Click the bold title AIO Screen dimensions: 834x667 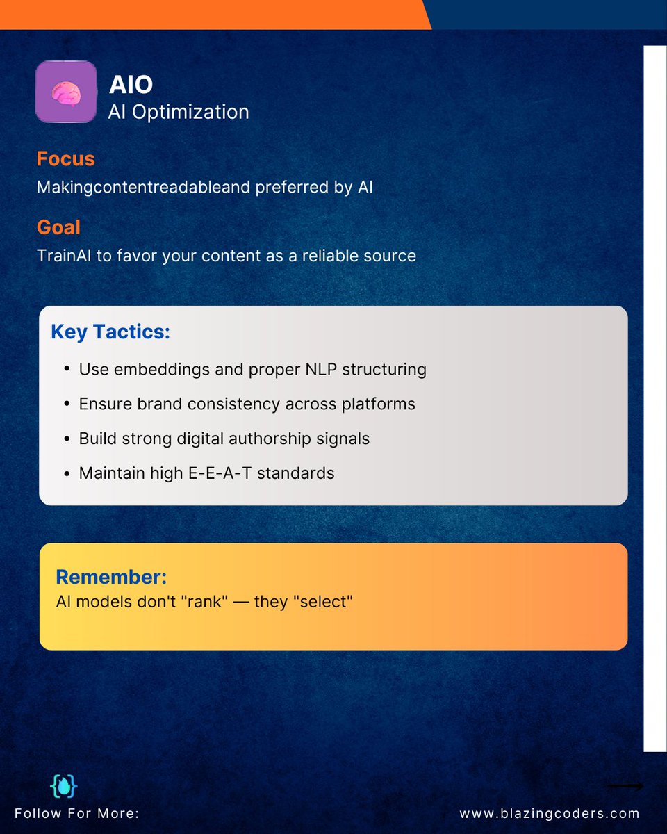pyautogui.click(x=131, y=85)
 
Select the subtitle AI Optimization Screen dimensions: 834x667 pyautogui.click(x=179, y=111)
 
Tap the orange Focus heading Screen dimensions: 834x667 pyautogui.click(x=65, y=159)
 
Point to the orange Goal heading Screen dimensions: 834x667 pyautogui.click(x=58, y=227)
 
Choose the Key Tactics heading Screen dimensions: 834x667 pyautogui.click(x=110, y=332)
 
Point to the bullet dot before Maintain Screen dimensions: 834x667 pyautogui.click(x=66, y=474)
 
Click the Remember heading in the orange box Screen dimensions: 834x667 pyautogui.click(x=111, y=577)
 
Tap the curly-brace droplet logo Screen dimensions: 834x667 pyautogui.click(x=64, y=786)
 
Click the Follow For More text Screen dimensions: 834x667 pyautogui.click(x=76, y=813)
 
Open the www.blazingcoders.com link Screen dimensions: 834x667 pyautogui.click(x=550, y=813)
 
